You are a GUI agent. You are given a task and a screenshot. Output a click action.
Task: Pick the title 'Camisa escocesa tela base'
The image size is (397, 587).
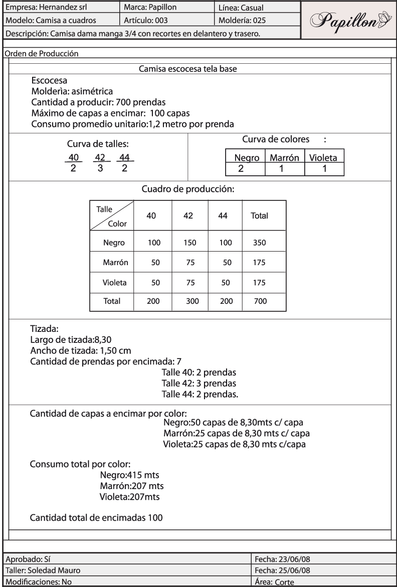click(x=190, y=69)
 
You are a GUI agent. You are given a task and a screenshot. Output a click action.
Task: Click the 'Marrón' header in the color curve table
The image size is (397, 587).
click(x=284, y=158)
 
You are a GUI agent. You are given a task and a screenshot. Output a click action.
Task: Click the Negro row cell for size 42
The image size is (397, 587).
click(x=188, y=243)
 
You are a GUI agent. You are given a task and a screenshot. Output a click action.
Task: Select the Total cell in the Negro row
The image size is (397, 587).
click(x=259, y=243)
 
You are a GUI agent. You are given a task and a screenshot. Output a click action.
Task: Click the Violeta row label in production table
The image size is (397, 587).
click(x=114, y=282)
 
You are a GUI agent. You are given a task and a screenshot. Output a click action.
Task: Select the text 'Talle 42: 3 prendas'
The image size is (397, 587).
click(x=198, y=383)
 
